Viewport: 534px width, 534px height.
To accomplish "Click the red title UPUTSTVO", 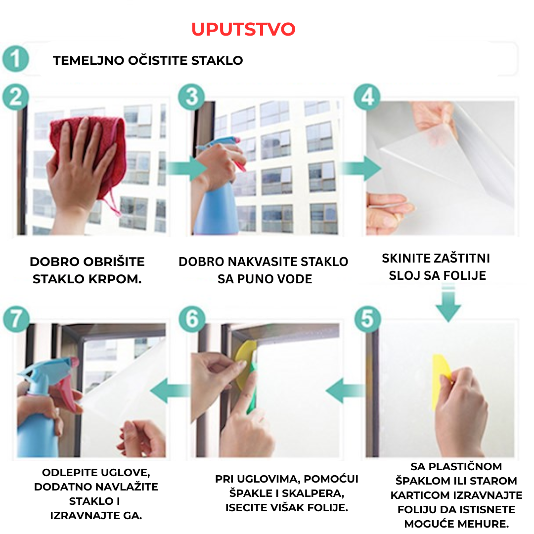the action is click(x=243, y=29).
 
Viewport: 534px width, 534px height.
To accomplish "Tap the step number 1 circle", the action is click(x=16, y=58).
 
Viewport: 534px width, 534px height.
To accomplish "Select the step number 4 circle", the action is click(x=367, y=97).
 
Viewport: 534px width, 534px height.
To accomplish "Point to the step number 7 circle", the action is click(x=16, y=319).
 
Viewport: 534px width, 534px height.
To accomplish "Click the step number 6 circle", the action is click(x=192, y=319).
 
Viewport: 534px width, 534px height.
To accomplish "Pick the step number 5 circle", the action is click(x=368, y=319).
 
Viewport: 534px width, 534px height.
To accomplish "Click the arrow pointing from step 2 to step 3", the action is click(x=186, y=169).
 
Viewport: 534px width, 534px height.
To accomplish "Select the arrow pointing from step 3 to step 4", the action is click(x=361, y=168).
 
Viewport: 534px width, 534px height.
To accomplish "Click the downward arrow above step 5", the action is click(x=448, y=303).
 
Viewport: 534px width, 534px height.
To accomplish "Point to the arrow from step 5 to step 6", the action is click(x=345, y=391).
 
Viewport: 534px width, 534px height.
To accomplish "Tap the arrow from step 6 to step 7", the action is click(x=170, y=391).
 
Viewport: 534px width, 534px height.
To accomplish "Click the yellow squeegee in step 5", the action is click(x=442, y=381).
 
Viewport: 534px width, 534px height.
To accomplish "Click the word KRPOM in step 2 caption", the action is click(x=115, y=279).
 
